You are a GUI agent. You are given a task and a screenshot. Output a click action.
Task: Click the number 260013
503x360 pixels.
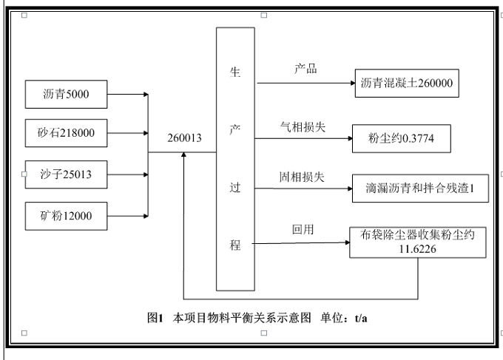pos(184,138)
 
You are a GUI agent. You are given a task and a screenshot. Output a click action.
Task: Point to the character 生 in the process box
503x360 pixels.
pos(234,73)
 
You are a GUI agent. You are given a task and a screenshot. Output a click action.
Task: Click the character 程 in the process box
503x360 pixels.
pos(234,245)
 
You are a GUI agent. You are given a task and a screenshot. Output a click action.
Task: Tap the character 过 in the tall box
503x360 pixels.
pos(234,189)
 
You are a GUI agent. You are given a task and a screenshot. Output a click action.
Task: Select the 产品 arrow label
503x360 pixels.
pos(305,69)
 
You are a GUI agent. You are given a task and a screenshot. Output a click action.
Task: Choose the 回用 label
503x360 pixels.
pos(303,230)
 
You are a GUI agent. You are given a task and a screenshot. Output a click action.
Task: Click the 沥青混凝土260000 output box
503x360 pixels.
pos(405,84)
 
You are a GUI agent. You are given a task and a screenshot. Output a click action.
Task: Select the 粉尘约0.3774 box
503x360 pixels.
pos(400,138)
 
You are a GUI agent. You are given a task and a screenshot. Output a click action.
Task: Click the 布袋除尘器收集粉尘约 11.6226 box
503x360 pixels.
pos(418,242)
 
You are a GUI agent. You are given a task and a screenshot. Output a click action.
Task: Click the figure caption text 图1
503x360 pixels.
pos(155,319)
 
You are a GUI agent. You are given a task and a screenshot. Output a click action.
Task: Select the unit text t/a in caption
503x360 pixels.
pos(361,319)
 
